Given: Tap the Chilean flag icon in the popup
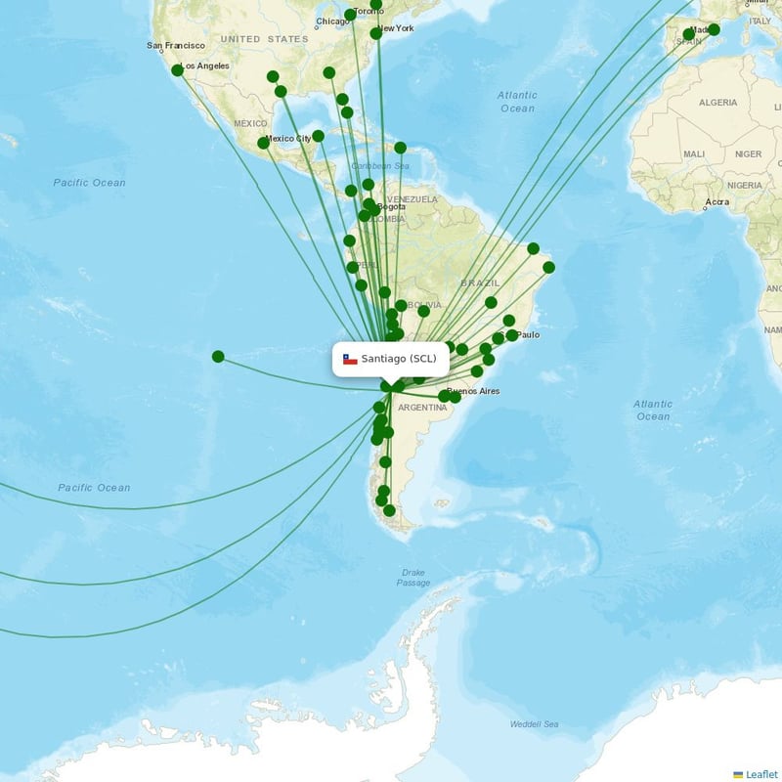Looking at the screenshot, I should pos(350,359).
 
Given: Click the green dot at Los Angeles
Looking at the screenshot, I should pos(177,70).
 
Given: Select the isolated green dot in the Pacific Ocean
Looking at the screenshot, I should pos(218,357).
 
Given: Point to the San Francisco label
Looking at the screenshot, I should pos(176,46).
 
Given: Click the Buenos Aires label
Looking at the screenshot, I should pos(474,391).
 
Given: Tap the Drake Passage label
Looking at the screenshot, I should pos(413,578).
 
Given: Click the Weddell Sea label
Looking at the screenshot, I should pos(534,724).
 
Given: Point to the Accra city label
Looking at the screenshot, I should pos(717,202).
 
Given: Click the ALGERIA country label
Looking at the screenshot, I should pos(717,103).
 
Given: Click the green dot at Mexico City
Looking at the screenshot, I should pos(263,143).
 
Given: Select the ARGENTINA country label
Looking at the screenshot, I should pos(422,408).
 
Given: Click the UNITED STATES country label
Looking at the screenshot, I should pos(264,39).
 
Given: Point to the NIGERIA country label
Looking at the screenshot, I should pos(745,184).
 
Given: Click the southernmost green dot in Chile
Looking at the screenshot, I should pos(389,510).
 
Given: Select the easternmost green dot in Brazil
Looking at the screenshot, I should pos(548,267).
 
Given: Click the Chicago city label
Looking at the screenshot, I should pos(333,22).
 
